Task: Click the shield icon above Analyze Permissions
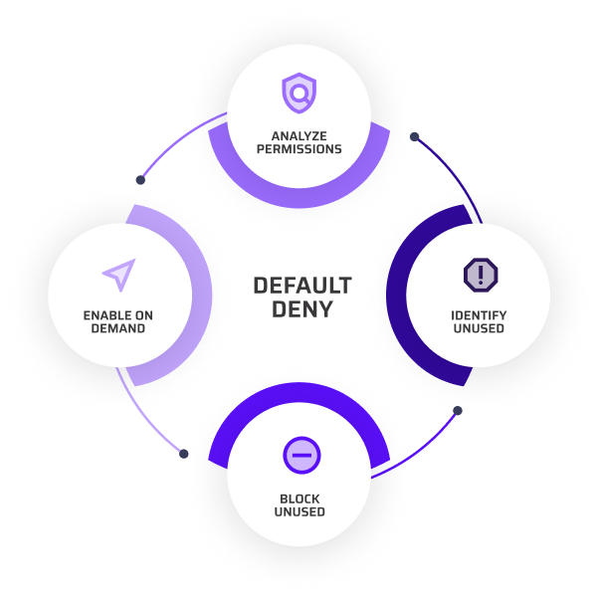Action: (299, 94)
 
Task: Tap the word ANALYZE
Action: (299, 135)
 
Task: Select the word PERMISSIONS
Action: (299, 149)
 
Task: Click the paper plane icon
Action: (119, 275)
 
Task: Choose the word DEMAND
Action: (119, 328)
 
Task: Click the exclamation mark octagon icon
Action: (480, 274)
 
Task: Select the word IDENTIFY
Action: (479, 315)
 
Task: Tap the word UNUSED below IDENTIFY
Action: (479, 328)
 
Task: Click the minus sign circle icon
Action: (299, 456)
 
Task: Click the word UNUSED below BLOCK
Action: (299, 512)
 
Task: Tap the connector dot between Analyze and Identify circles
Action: (416, 136)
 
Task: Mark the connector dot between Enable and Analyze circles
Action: (140, 180)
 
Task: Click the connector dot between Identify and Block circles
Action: (458, 408)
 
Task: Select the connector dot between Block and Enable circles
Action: (184, 454)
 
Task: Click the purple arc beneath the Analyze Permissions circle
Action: (299, 193)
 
